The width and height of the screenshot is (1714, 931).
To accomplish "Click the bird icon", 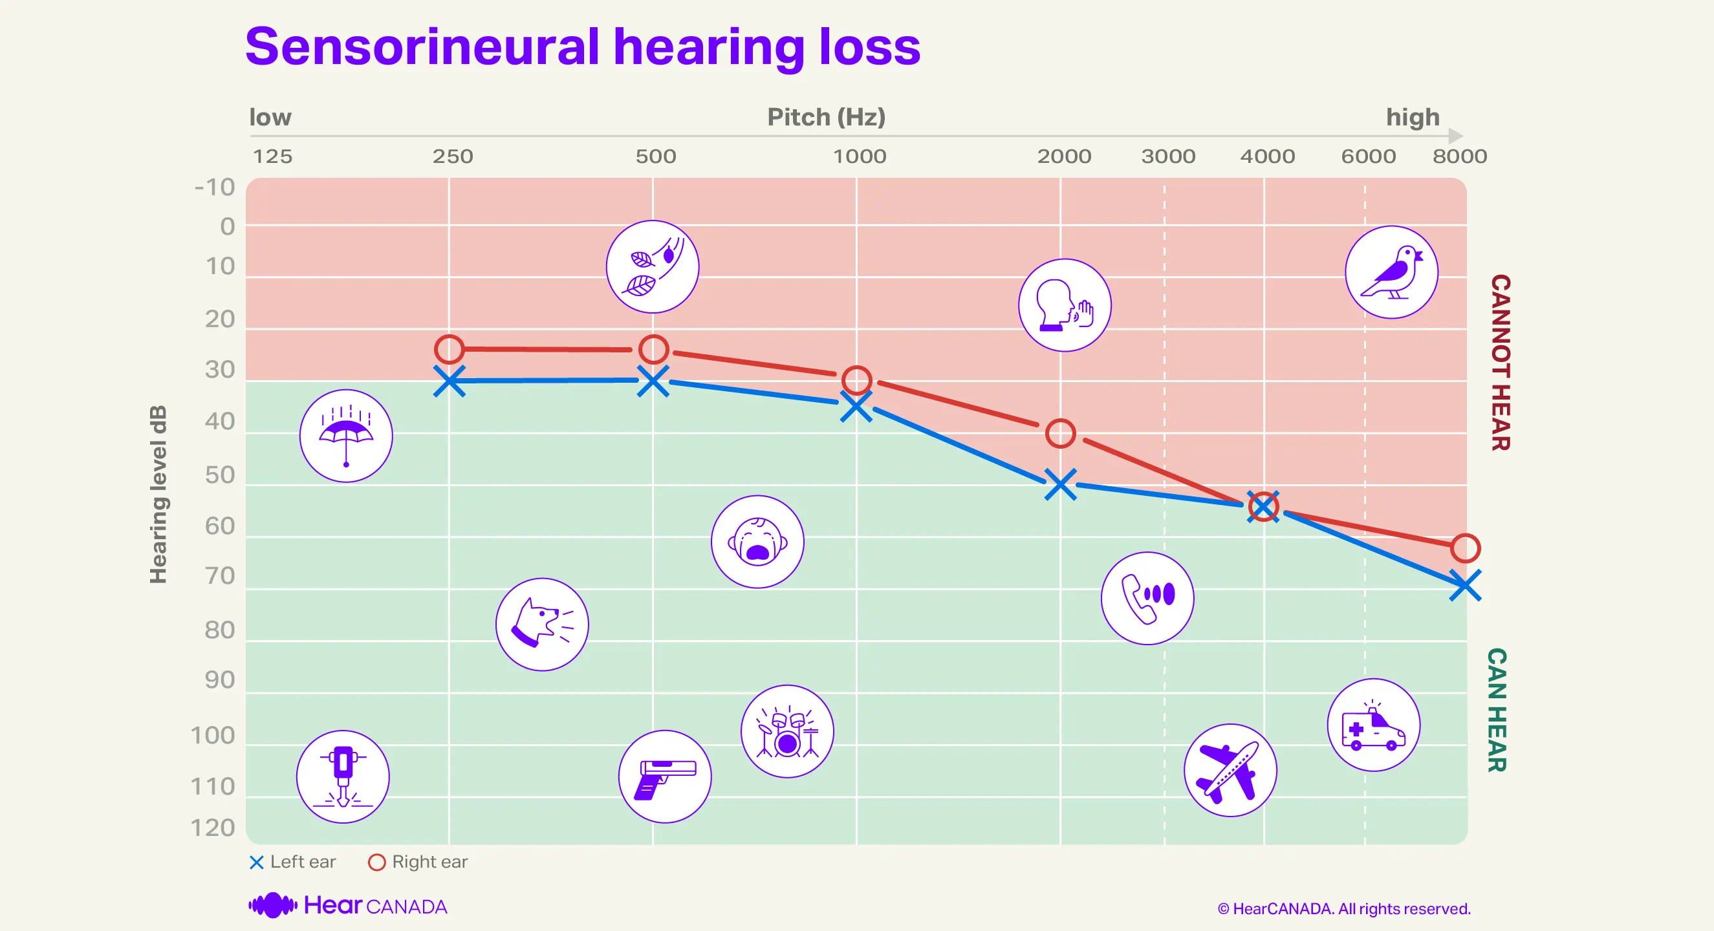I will point(1391,272).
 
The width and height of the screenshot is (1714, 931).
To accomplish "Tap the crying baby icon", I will point(757,541).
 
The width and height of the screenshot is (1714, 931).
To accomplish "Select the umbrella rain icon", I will point(346,436).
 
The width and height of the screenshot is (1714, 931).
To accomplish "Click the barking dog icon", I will point(541,624).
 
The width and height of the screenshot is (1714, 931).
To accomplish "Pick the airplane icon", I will point(1230,770).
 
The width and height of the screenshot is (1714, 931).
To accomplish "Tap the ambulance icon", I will point(1373,725).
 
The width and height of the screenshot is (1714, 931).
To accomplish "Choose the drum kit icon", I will point(787,731).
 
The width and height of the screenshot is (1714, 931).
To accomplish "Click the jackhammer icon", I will point(343,776).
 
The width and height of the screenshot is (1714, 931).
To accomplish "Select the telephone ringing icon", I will point(1147,598).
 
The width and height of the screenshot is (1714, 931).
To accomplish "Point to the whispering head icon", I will point(1065,305).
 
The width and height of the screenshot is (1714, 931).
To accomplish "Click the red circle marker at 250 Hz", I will point(449,349).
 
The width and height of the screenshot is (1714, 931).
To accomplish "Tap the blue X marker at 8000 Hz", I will point(1464,585).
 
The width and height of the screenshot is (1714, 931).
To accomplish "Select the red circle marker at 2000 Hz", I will point(1060,434).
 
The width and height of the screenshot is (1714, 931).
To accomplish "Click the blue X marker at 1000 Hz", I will point(856,406).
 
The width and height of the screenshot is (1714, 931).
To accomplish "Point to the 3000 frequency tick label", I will point(1167,156).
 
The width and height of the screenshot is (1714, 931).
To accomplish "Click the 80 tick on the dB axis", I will point(219,630).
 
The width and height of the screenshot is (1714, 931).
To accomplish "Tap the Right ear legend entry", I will point(418,862).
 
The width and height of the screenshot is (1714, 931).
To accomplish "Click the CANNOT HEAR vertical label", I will point(1500,363).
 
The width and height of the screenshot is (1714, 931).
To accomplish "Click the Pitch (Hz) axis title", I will point(826,117).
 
